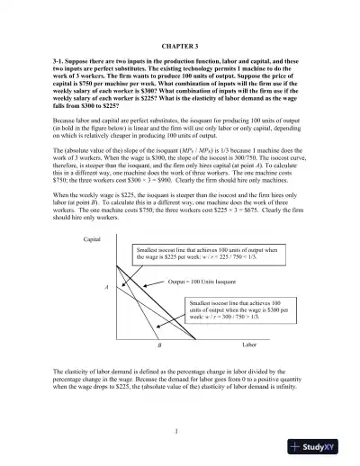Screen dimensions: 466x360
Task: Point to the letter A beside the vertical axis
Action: [108, 287]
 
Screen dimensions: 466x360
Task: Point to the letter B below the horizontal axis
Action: [158, 345]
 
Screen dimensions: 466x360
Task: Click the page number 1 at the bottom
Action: [180, 430]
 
